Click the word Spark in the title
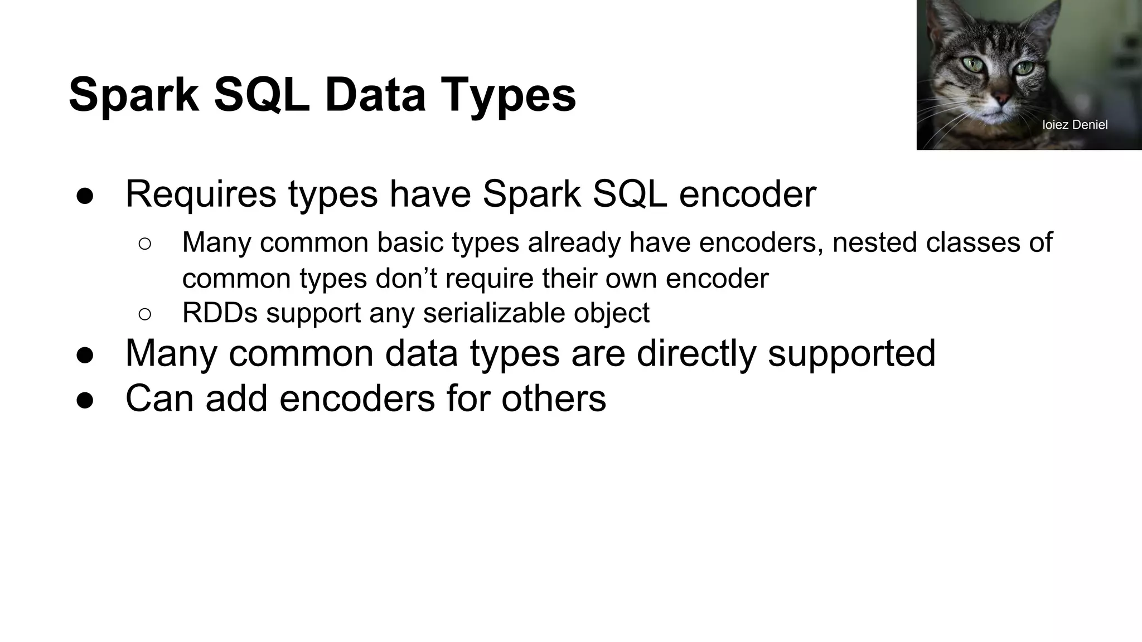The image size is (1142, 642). point(134,95)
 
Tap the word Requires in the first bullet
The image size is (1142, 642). point(201,194)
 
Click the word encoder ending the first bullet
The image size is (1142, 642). point(747,194)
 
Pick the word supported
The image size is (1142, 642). point(851,353)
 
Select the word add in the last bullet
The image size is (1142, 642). point(236,398)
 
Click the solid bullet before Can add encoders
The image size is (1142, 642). point(85,401)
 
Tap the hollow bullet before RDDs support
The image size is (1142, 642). point(144,314)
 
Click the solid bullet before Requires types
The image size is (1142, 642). point(85,196)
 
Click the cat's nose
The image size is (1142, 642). point(1002,99)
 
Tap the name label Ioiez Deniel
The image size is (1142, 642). point(1075,125)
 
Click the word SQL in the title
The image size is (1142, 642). point(262,95)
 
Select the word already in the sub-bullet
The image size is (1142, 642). point(574,242)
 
